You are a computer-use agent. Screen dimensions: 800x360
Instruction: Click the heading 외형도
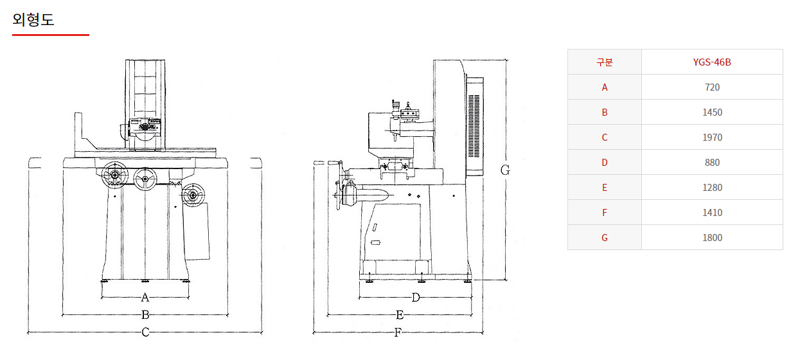click(33, 20)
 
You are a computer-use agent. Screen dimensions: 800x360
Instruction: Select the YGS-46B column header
click(712, 62)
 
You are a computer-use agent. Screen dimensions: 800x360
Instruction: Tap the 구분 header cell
click(604, 62)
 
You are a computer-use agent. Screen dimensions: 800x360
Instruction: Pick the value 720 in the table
click(712, 87)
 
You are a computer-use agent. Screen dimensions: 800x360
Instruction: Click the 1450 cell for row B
click(712, 112)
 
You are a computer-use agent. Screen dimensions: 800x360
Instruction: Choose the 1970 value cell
click(712, 137)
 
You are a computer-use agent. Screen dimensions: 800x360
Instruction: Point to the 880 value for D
click(712, 163)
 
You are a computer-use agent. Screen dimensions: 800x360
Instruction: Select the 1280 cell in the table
click(712, 188)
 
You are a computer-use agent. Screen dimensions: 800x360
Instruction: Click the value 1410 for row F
click(712, 213)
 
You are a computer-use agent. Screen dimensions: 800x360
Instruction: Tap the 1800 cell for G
click(712, 237)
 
